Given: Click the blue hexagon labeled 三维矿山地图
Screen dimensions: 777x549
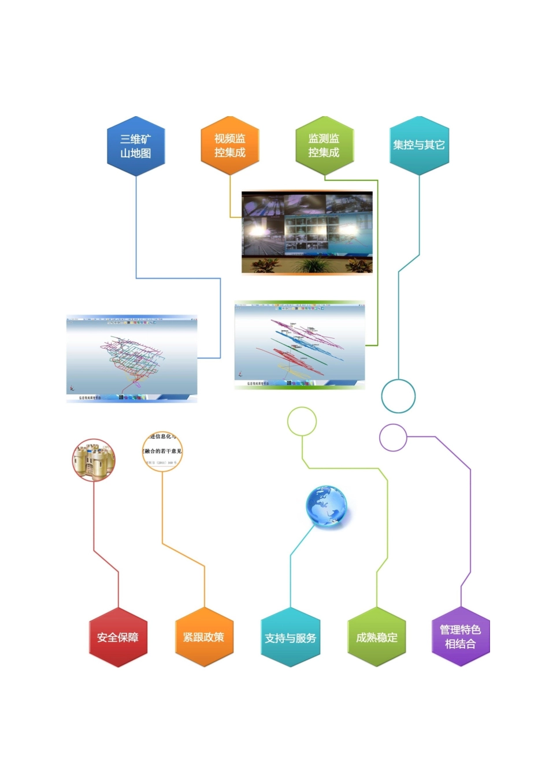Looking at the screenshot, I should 136,146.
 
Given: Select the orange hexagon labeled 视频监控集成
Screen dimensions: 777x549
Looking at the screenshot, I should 230,146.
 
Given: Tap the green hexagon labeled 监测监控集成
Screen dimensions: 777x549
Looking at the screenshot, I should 324,146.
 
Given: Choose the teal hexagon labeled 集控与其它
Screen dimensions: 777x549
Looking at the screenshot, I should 419,145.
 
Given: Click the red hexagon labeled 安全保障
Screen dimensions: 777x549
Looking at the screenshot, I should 118,637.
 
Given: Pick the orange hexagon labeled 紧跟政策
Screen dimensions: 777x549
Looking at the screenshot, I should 204,637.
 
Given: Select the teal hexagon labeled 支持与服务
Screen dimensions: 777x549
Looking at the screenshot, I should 290,638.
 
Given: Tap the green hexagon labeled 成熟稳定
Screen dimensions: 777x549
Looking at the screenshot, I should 377,637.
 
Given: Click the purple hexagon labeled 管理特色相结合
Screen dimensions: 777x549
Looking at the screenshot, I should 461,637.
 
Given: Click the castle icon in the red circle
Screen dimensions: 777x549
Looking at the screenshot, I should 94,460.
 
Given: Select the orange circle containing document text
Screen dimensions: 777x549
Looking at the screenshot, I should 162,451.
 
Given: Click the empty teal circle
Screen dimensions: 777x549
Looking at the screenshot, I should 398,396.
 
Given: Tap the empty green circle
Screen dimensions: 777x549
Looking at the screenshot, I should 302,421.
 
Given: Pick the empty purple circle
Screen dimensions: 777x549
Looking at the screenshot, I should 393,438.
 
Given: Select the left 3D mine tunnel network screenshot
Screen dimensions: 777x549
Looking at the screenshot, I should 132,358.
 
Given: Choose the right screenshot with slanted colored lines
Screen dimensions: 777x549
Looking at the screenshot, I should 299,345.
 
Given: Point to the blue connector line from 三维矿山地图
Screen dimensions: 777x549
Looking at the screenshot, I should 136,231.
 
